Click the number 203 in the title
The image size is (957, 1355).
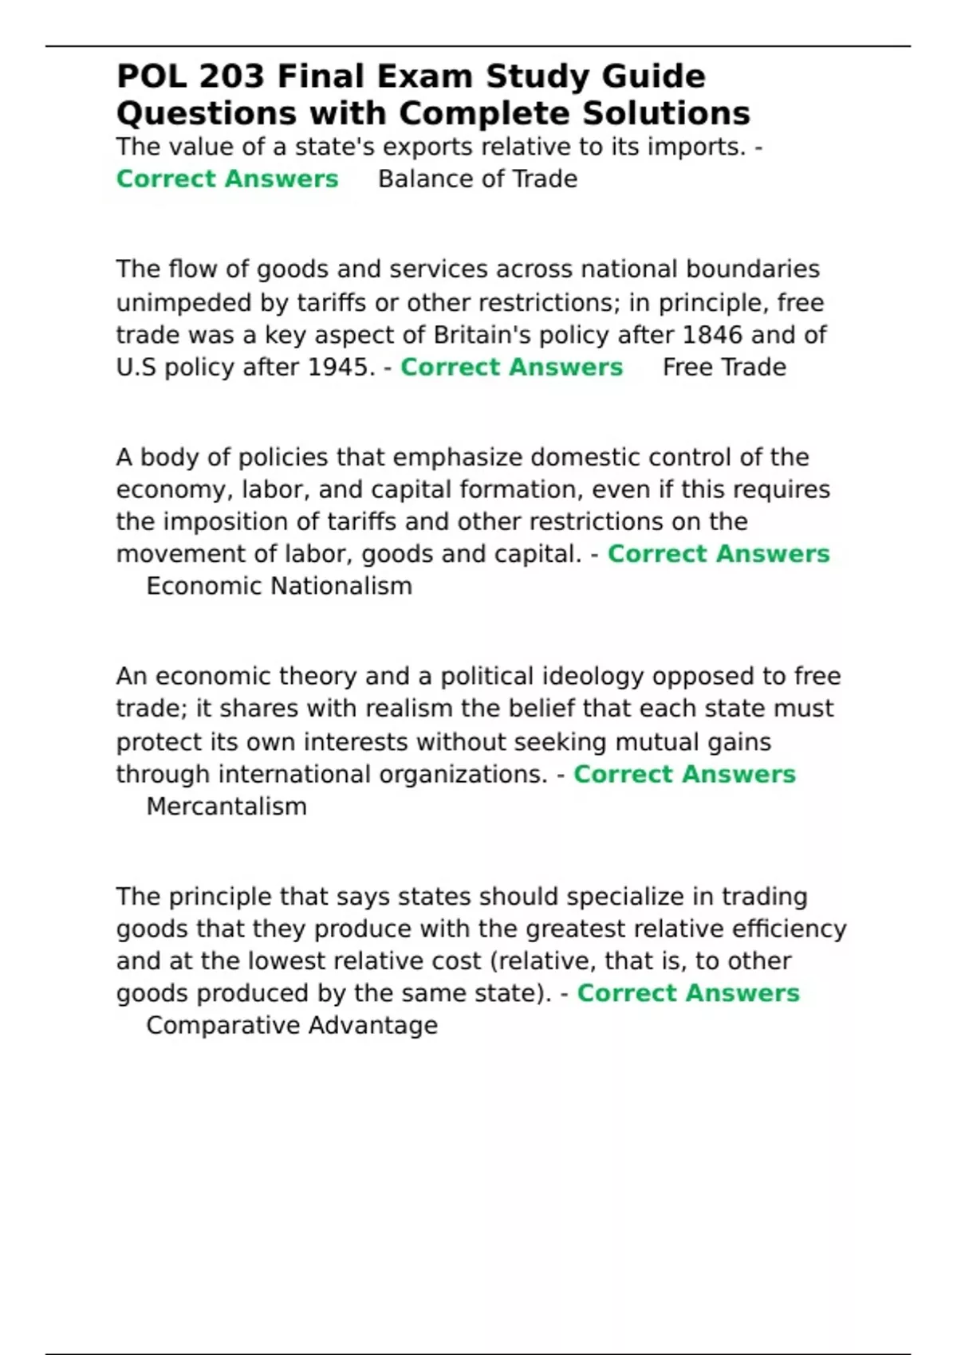(231, 77)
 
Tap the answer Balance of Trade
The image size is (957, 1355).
(478, 179)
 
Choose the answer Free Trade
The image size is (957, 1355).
(724, 367)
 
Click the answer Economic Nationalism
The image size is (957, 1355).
(279, 586)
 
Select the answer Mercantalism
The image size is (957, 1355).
(226, 806)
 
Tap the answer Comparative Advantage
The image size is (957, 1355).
(292, 1025)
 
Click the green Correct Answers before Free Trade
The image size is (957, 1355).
(511, 367)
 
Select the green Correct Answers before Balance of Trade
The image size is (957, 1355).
(227, 179)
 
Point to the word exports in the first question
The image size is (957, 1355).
(455, 147)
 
